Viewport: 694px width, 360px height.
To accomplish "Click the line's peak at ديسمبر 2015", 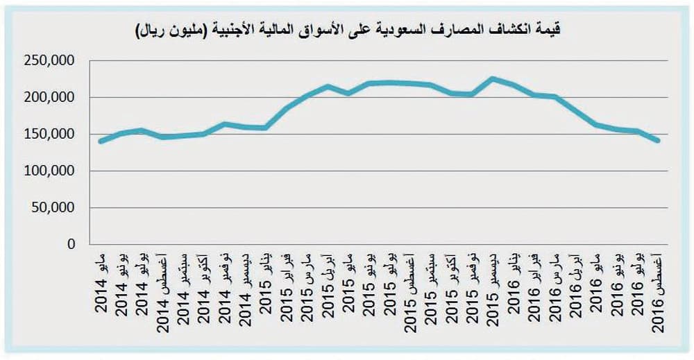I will [492, 78].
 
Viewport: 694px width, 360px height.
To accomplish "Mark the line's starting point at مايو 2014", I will [101, 142].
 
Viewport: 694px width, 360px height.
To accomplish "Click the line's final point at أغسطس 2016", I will [657, 141].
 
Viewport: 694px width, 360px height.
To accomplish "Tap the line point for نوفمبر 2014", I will [225, 124].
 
